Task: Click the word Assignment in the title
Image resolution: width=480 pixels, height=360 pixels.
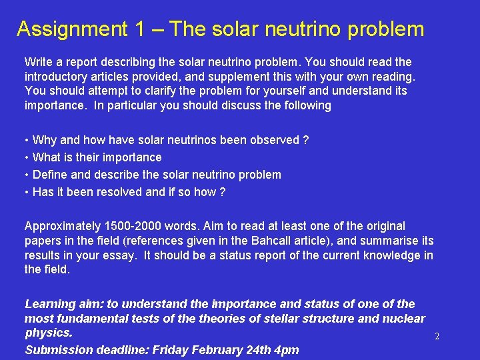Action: pos(70,29)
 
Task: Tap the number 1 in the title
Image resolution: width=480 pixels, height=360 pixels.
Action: pos(139,29)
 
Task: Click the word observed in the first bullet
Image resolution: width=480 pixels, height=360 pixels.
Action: pos(275,140)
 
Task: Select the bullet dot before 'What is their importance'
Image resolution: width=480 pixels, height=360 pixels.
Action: pos(27,157)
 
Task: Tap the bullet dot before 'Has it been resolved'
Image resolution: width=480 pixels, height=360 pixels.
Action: pos(27,192)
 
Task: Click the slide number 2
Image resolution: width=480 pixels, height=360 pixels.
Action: pos(437,337)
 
